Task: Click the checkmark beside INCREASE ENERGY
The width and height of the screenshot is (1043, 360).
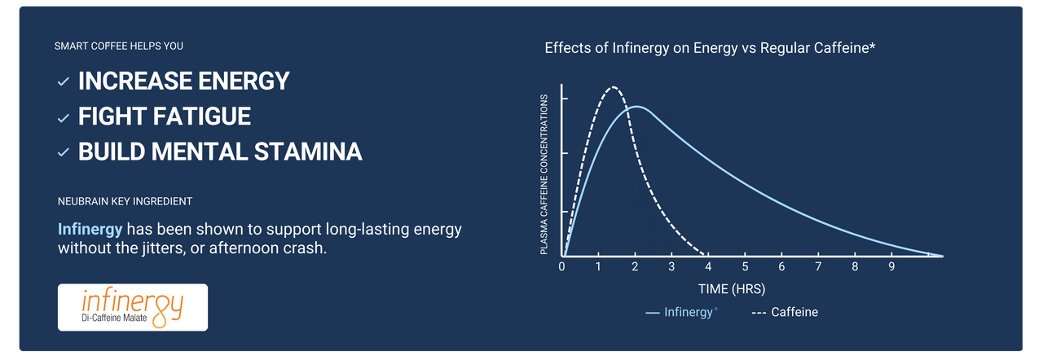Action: (x=64, y=82)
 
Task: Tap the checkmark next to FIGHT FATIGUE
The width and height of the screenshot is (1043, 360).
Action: (x=64, y=118)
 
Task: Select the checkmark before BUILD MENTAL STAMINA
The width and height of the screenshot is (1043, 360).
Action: (x=64, y=152)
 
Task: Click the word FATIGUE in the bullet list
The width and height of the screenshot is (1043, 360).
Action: (x=204, y=116)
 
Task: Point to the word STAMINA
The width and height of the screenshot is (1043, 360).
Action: (x=308, y=151)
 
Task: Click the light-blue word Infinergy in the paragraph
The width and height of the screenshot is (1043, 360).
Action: (x=90, y=229)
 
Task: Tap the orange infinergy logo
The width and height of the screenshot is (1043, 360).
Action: (x=133, y=307)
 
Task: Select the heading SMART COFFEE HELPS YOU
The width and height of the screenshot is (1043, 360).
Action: (x=119, y=46)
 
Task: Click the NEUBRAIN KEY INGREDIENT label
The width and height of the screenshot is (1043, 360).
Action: (x=125, y=201)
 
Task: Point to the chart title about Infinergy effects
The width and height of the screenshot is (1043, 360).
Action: (x=710, y=48)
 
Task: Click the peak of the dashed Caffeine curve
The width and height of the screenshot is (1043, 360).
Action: (x=614, y=87)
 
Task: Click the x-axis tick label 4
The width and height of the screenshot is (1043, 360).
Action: (x=708, y=266)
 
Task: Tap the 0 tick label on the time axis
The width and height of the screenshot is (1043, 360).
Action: (x=561, y=266)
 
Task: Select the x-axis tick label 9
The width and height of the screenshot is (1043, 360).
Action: (x=891, y=266)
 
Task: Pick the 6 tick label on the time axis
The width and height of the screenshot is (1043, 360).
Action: (x=781, y=266)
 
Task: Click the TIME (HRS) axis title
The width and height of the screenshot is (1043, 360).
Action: (x=732, y=289)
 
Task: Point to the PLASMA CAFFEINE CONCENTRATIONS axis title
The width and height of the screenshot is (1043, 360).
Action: (x=544, y=174)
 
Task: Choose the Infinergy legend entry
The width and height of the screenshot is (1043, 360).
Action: (x=682, y=312)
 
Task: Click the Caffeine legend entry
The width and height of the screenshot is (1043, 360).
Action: (x=785, y=312)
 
